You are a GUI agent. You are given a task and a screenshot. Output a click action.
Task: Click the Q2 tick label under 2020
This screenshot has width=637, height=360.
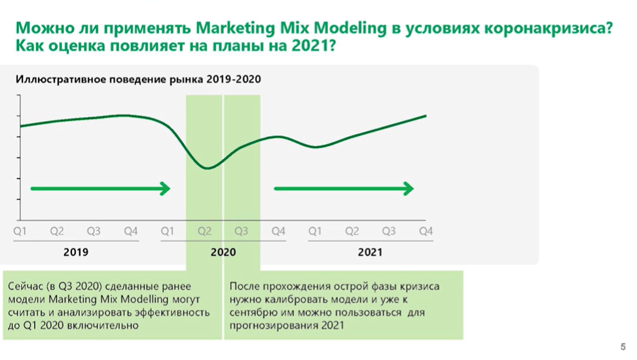[x=204, y=231]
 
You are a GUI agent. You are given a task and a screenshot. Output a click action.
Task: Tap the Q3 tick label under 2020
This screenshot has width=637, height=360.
[x=241, y=231]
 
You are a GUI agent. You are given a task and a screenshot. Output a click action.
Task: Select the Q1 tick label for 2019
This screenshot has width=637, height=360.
[x=20, y=231]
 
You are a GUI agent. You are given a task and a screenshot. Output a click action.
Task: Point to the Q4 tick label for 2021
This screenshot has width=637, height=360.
[x=426, y=231]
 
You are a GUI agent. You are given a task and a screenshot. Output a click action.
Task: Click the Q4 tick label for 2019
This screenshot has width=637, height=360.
[x=131, y=231]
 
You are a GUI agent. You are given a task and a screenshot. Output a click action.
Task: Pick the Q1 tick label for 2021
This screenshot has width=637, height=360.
[x=315, y=231]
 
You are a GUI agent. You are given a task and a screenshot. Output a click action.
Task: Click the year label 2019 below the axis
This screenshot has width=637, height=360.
[x=76, y=251]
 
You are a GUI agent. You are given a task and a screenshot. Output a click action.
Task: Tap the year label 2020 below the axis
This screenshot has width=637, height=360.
[x=223, y=251]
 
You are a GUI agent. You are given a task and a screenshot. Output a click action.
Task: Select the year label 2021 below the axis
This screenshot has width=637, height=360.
[x=370, y=251]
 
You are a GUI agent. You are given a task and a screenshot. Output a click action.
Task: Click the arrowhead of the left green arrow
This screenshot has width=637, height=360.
[x=165, y=189]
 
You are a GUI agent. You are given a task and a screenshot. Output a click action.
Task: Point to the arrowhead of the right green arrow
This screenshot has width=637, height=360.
[x=409, y=189]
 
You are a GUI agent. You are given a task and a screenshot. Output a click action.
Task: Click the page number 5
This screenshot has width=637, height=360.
[x=623, y=347]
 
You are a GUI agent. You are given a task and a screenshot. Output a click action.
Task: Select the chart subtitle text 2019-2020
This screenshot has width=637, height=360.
[x=234, y=80]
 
